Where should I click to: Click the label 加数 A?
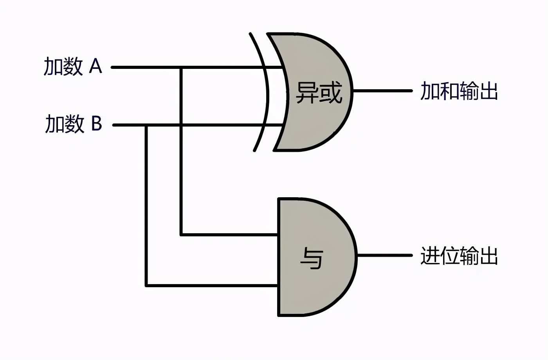tap(73, 66)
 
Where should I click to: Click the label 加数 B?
tap(74, 124)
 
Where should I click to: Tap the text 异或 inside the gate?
tap(319, 93)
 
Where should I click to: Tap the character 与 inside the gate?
tap(312, 258)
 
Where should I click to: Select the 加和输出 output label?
tap(459, 91)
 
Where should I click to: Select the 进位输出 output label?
tap(459, 256)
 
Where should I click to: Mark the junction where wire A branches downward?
tap(181, 68)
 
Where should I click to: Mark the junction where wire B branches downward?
tap(146, 126)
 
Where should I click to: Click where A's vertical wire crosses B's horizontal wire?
tap(181, 126)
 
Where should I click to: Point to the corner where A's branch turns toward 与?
tap(181, 235)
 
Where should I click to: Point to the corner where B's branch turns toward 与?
tap(146, 286)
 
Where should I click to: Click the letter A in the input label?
tap(96, 66)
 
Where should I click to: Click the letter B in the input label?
tap(96, 124)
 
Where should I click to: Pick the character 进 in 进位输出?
tap(430, 256)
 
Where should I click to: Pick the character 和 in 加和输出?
tap(449, 91)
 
